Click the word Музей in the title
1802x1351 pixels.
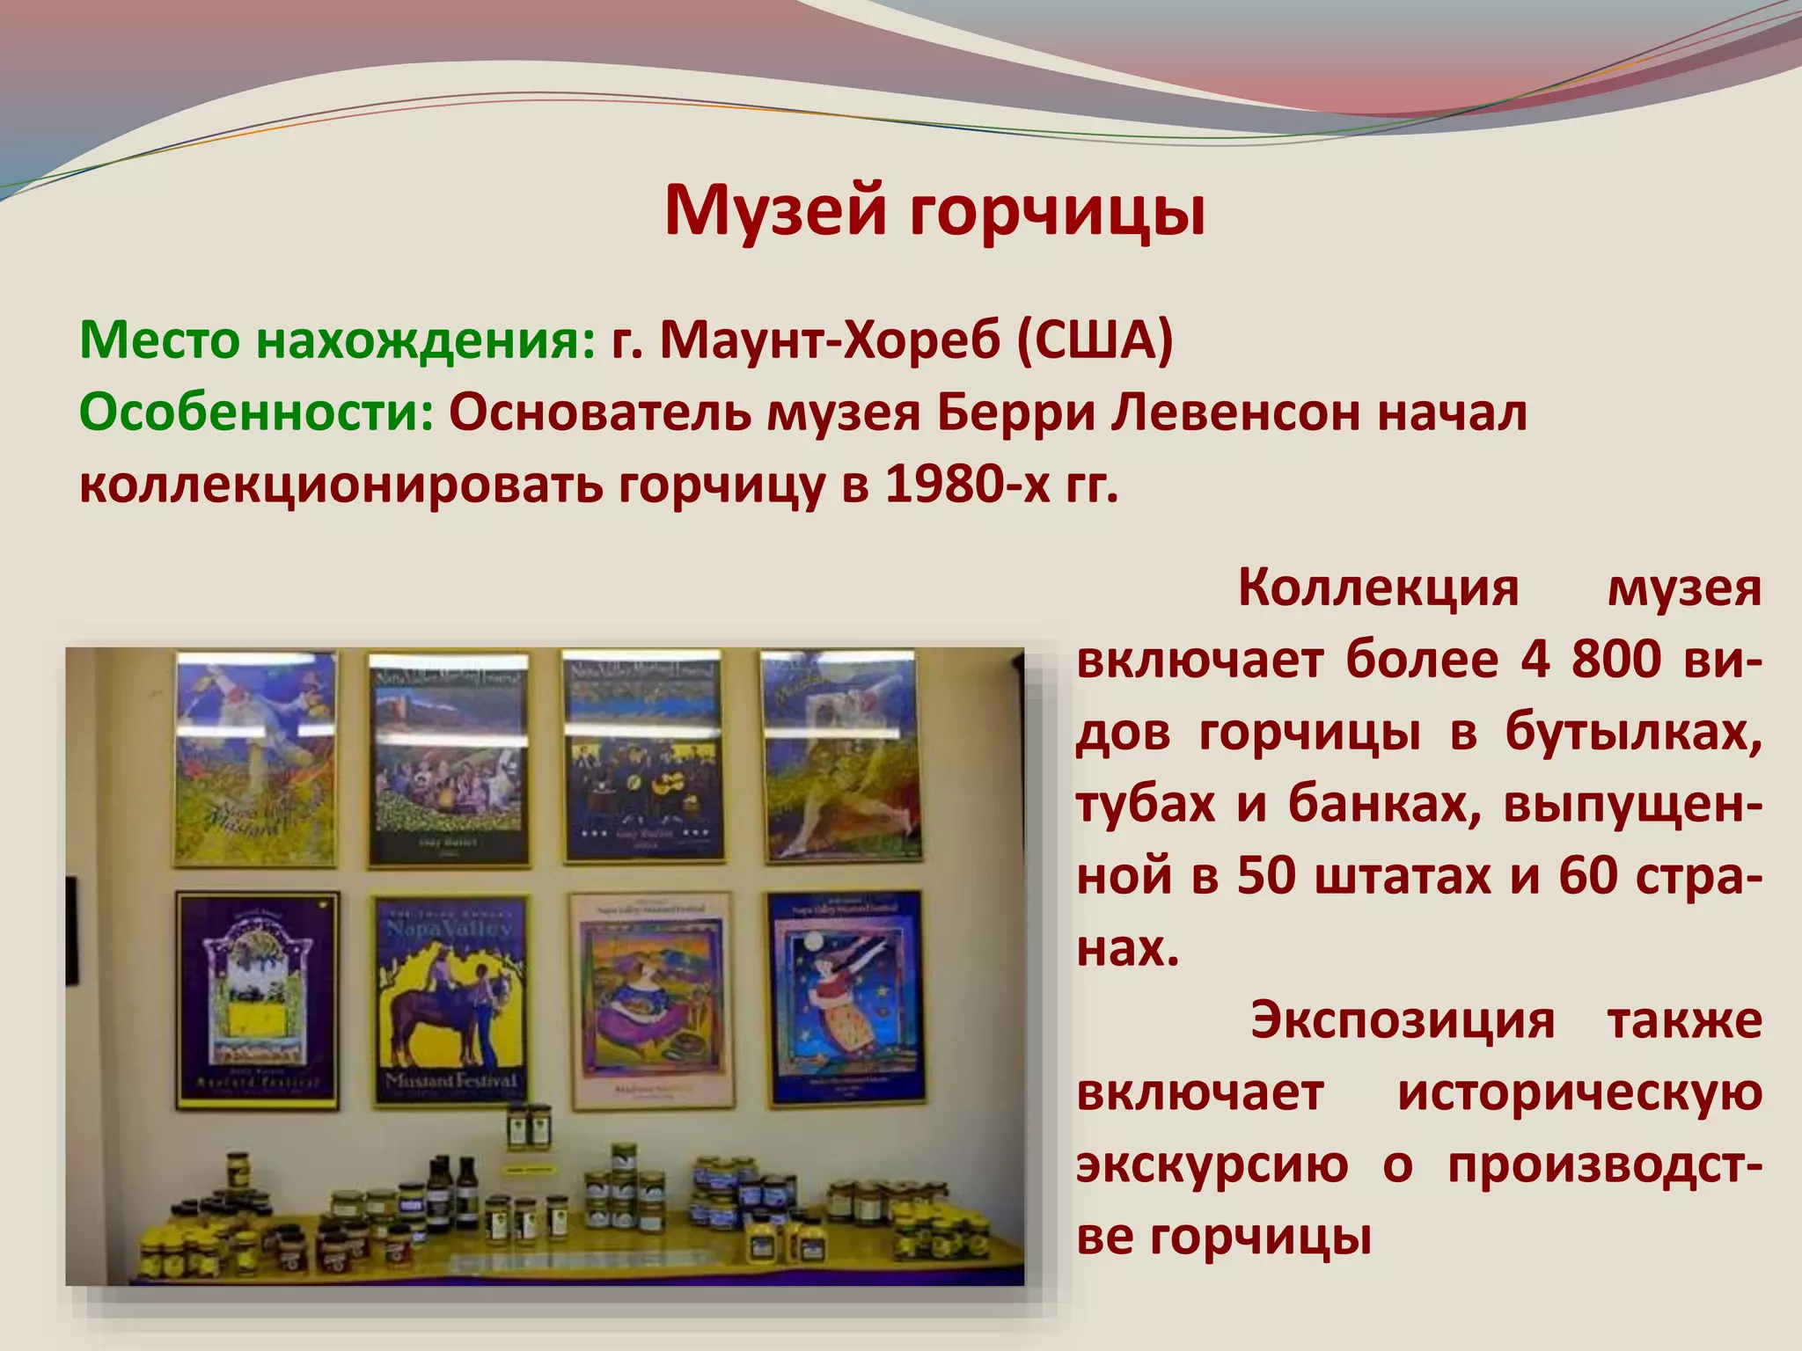tap(775, 211)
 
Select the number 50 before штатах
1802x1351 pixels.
tap(1266, 876)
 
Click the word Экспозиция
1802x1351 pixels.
tap(1403, 1020)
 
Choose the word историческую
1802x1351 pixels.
tap(1579, 1093)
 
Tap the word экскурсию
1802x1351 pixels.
tap(1212, 1165)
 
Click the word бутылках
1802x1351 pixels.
tap(1633, 732)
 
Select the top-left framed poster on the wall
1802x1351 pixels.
tap(255, 758)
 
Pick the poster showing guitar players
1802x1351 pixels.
tap(644, 758)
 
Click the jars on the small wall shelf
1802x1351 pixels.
tap(528, 1128)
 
